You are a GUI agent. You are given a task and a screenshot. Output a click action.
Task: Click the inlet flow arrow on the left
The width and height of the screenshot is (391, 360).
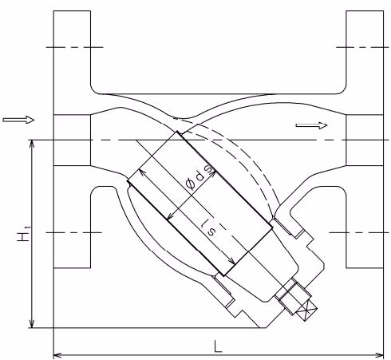tap(18, 120)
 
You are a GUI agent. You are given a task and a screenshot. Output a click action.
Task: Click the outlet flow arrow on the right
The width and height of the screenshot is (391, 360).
tap(311, 125)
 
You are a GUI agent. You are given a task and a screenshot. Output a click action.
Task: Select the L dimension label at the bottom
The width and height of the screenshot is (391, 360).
tap(218, 346)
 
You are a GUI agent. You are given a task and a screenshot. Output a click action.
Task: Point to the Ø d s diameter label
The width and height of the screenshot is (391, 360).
tap(199, 177)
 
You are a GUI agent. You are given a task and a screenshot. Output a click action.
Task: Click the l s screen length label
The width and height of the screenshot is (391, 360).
tap(209, 227)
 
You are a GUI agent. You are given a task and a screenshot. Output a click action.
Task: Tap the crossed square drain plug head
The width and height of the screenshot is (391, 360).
tap(307, 311)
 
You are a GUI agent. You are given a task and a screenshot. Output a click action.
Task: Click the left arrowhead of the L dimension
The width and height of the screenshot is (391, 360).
tap(57, 355)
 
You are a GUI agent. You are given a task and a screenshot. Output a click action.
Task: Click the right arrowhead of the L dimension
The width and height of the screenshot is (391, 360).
tap(379, 355)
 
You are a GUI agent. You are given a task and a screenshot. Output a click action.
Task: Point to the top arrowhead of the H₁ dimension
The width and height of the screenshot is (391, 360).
tap(32, 144)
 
